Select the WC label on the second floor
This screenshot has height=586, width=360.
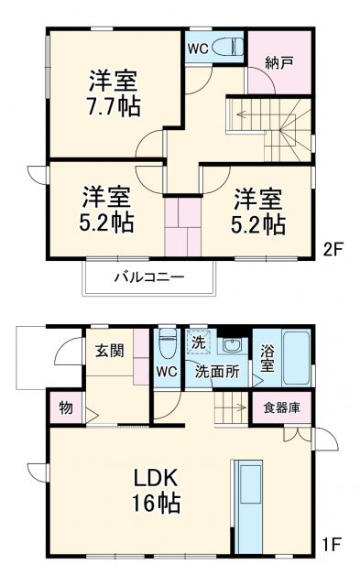198,47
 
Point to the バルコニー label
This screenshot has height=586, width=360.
149,276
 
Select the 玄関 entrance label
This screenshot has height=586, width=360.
109,351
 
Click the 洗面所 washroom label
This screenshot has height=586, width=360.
216,372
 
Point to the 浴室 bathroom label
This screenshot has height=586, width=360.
265,356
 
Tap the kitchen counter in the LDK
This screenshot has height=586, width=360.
249,503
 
